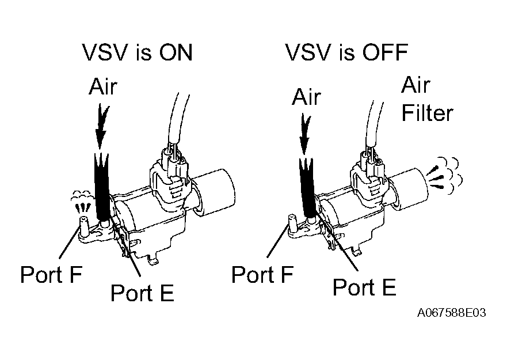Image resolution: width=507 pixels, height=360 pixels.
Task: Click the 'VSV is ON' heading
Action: coord(138,53)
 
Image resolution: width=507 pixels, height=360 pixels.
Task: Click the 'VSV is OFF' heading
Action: coord(346,53)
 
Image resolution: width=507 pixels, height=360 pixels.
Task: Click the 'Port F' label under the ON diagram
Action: coord(51,274)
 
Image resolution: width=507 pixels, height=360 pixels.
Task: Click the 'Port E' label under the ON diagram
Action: coord(142,293)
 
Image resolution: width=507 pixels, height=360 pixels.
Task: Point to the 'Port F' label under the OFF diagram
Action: coord(262,275)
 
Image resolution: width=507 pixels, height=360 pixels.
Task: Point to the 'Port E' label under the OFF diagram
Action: coord(364,286)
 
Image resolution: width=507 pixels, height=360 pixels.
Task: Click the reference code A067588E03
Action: coord(452,313)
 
